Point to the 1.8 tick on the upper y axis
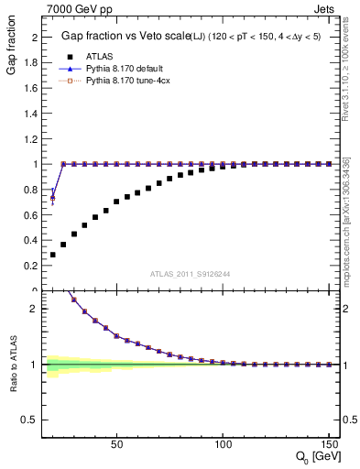coord(28,63)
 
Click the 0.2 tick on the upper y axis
coord(28,266)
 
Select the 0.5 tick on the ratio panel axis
coord(28,420)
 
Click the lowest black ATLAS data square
coord(52,255)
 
